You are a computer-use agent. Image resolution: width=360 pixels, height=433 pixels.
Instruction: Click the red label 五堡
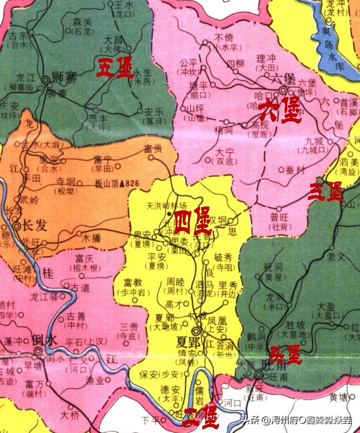[x=115, y=69]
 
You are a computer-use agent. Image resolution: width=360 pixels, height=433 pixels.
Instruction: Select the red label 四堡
[x=193, y=219]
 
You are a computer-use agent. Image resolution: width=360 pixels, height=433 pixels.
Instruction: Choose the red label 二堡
[x=201, y=418]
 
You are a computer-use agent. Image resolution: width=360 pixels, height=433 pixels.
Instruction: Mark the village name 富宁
[x=102, y=160]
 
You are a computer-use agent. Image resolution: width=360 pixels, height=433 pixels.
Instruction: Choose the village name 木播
[x=91, y=237]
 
